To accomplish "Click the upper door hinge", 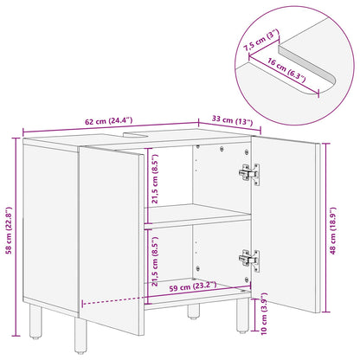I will tap(248, 174).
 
